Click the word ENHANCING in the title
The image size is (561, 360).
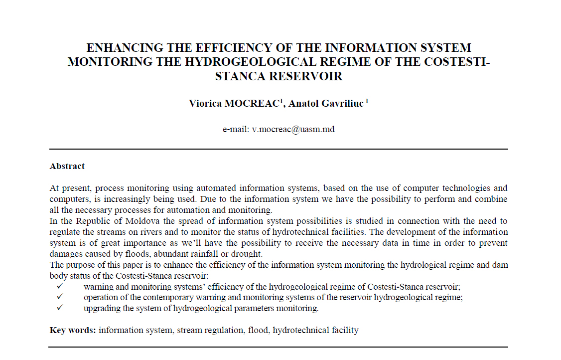tap(117, 48)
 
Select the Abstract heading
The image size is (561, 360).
tap(67, 166)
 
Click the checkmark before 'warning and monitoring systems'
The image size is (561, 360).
tap(59, 286)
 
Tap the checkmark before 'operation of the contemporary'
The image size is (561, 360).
tap(59, 297)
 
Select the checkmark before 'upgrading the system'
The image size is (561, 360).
tap(59, 308)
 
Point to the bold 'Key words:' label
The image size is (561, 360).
tap(73, 330)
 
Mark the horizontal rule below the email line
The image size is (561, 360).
tap(279, 149)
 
